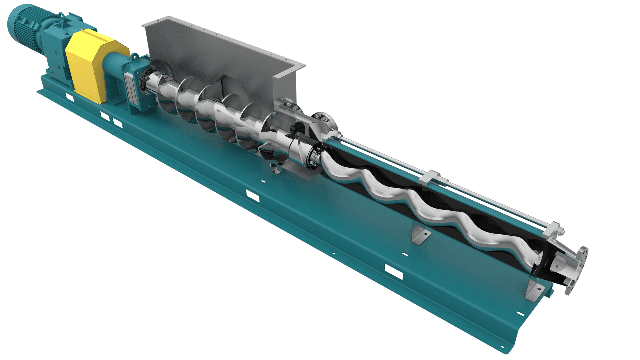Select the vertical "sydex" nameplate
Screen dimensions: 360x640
coord(131,87)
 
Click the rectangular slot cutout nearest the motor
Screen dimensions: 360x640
coord(69,97)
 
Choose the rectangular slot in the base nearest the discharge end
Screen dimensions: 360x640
coord(394,272)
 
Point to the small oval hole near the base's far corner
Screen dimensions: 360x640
coord(520,313)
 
